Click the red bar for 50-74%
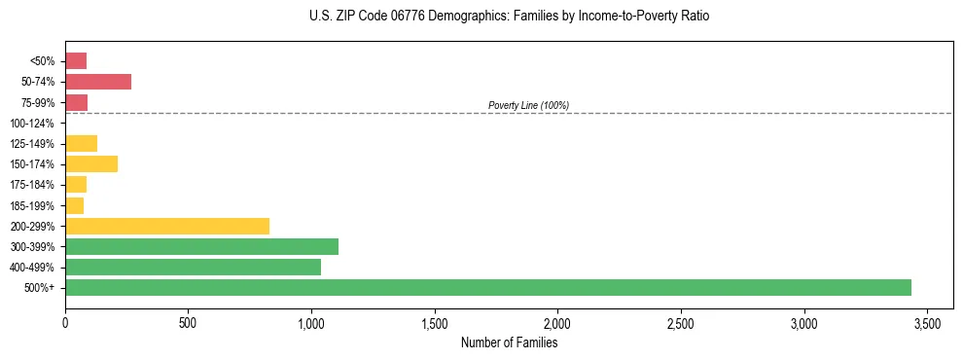click(x=98, y=82)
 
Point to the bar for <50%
click(x=76, y=61)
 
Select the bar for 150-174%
click(x=91, y=163)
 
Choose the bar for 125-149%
click(x=81, y=143)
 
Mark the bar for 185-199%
click(x=74, y=205)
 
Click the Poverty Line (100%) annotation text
click(x=528, y=105)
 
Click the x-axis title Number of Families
click(x=509, y=342)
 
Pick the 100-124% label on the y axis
click(x=32, y=124)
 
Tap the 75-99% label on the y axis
click(x=36, y=103)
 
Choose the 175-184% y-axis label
click(x=32, y=185)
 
